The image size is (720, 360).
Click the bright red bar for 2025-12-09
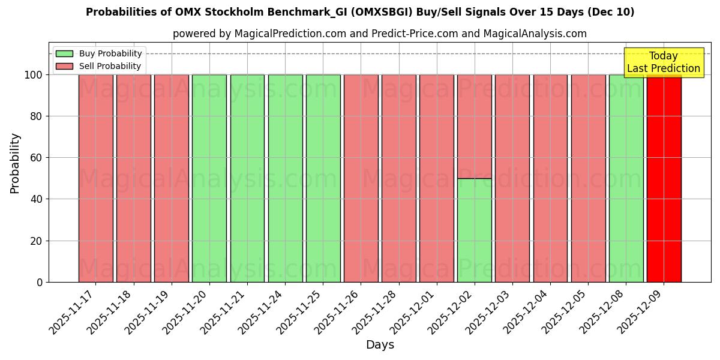point(664,180)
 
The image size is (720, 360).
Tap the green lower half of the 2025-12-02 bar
point(474,230)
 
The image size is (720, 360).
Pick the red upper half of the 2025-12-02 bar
point(474,126)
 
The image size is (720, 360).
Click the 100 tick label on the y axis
point(33,75)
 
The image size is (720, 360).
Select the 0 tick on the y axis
point(40,282)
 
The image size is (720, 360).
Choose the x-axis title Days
point(380,345)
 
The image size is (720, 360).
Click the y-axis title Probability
point(15,163)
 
